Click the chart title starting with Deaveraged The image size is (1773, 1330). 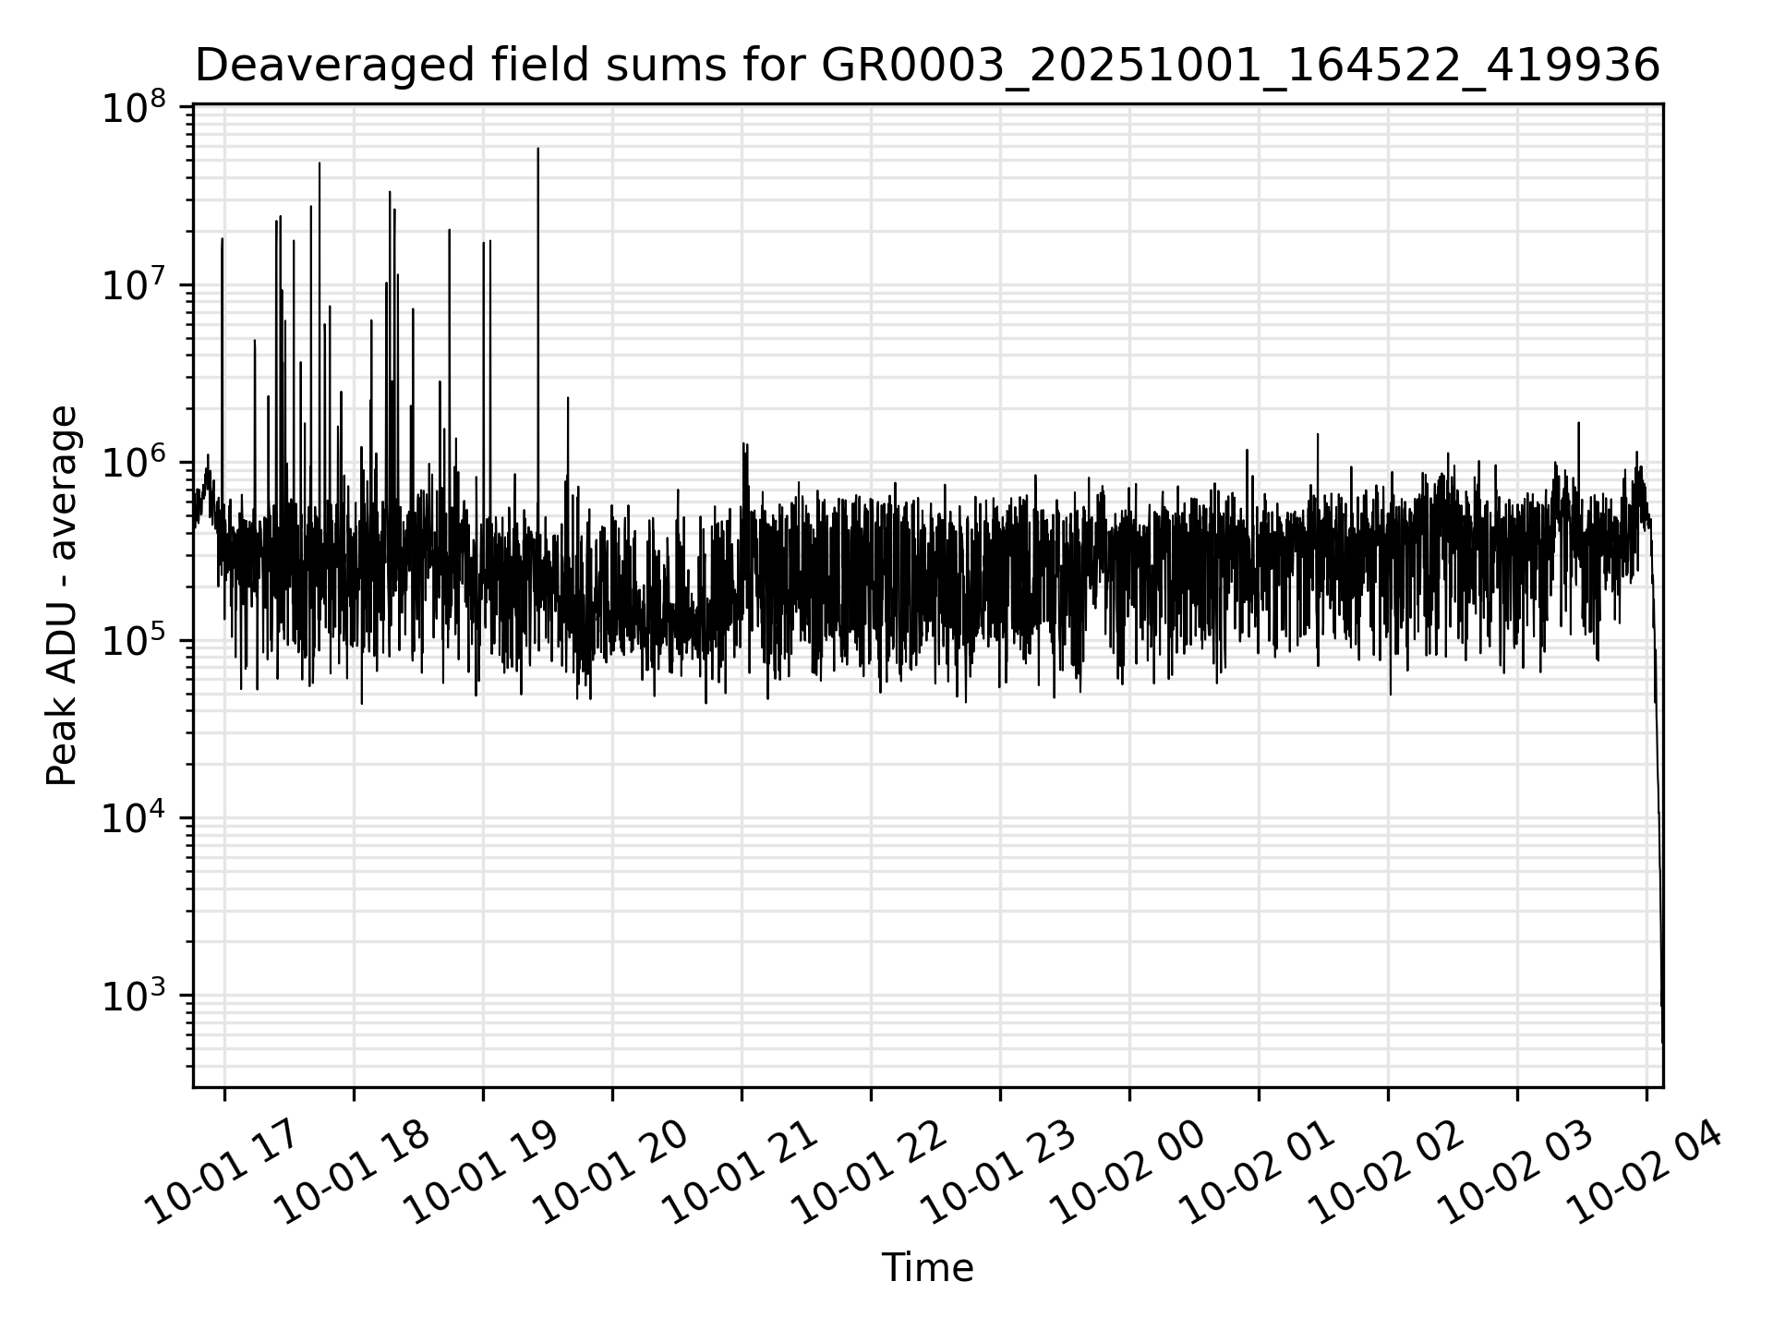click(x=927, y=66)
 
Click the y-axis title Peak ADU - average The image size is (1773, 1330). click(x=63, y=596)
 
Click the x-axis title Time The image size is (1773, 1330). click(x=927, y=1268)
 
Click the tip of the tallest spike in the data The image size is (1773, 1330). click(x=538, y=149)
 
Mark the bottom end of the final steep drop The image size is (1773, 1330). click(x=1662, y=1042)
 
